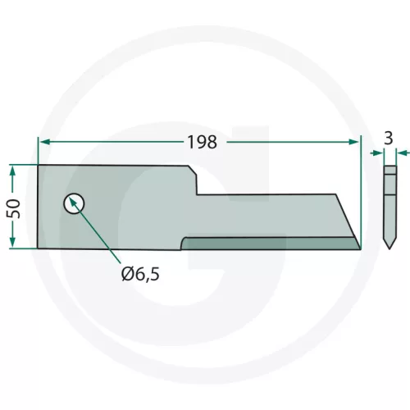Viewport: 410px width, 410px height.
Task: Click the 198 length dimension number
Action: point(200,142)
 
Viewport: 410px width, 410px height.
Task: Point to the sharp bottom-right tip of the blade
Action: point(359,248)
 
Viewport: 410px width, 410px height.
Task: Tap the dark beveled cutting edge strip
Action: point(271,243)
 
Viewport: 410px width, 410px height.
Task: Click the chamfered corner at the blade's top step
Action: point(193,170)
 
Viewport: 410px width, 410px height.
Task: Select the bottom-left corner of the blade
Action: point(39,248)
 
